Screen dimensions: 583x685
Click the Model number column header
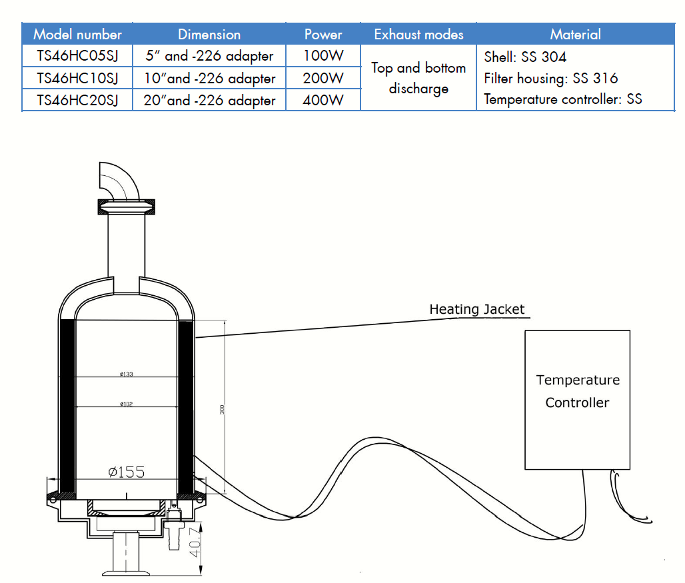[x=77, y=34]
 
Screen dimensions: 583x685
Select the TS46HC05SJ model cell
[x=77, y=56]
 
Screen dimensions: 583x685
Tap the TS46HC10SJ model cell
[x=77, y=78]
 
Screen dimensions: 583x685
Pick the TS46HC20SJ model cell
[x=77, y=100]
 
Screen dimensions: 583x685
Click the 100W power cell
[x=323, y=56]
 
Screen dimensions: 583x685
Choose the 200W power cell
[x=323, y=78]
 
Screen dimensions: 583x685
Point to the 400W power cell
[x=323, y=100]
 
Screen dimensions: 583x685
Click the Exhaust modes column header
[x=418, y=34]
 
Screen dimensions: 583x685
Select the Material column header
[x=575, y=34]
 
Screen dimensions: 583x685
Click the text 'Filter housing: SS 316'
[x=550, y=79]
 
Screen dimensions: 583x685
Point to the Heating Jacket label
[x=476, y=309]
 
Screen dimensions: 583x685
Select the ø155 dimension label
[x=126, y=472]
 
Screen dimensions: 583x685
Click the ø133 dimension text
[x=126, y=374]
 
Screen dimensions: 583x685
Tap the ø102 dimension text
[x=126, y=404]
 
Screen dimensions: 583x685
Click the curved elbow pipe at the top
[x=118, y=179]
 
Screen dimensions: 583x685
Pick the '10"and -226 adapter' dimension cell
[x=209, y=79]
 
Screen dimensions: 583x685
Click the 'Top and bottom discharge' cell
[x=418, y=78]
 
